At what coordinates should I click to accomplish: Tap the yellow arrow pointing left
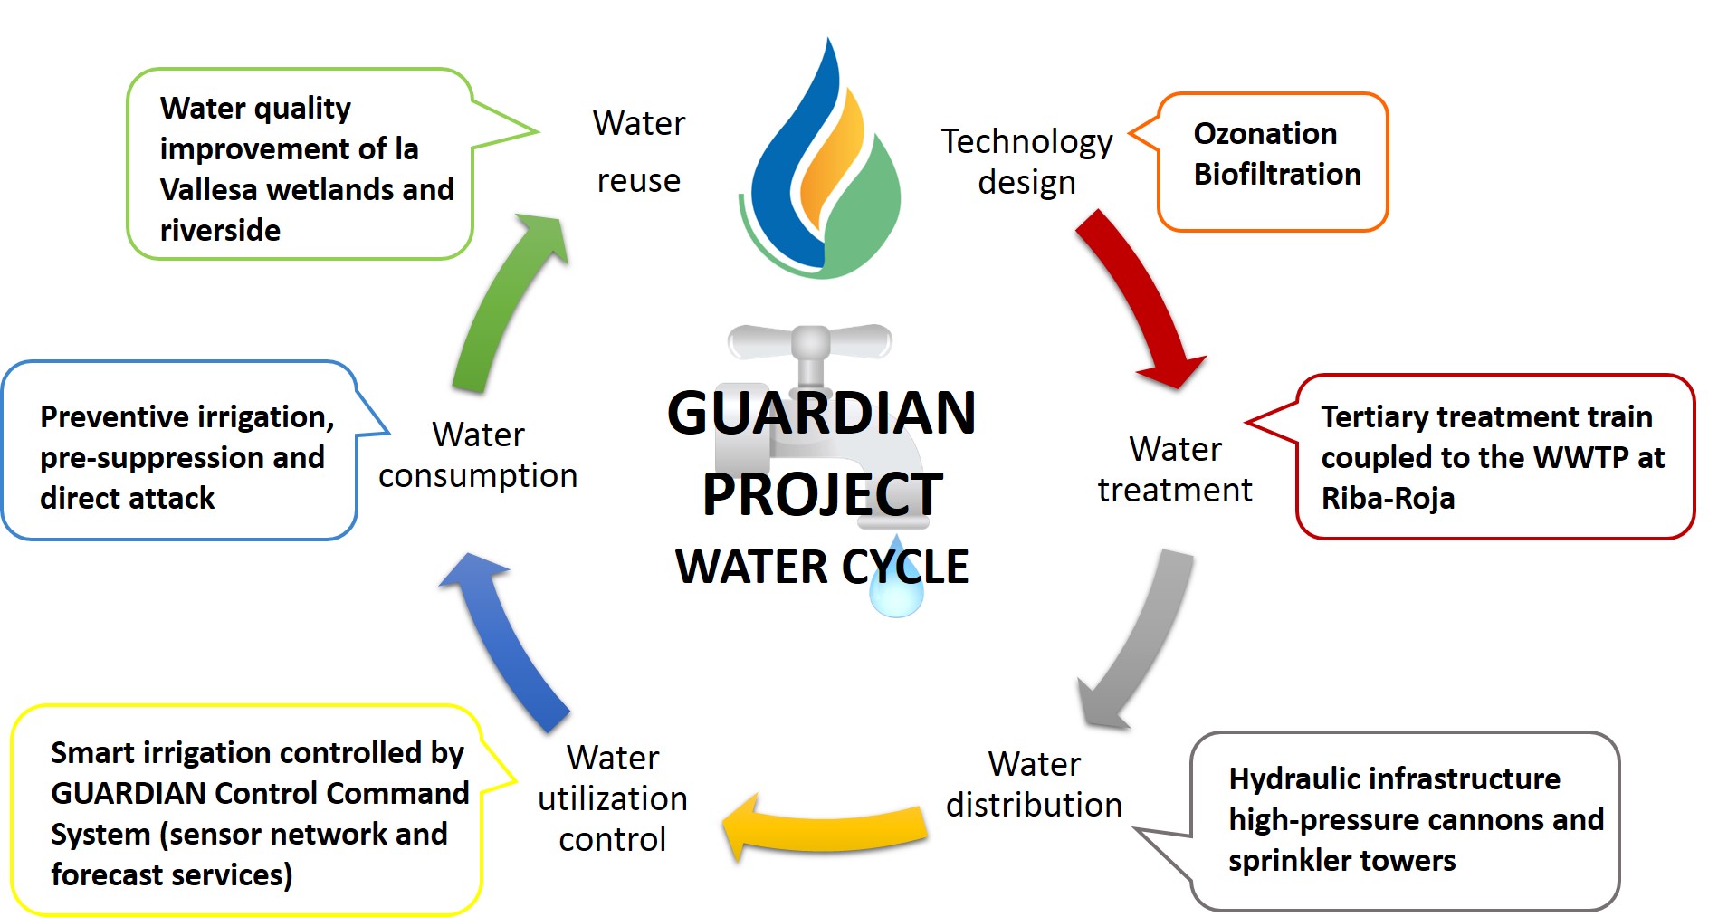point(824,829)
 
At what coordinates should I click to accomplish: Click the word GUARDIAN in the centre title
point(821,414)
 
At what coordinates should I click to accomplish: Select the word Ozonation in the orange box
point(1265,134)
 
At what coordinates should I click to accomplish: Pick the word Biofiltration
point(1276,174)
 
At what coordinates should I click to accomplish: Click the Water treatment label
point(1175,469)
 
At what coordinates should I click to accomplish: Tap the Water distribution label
point(1034,784)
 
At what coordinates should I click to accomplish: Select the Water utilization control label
point(613,798)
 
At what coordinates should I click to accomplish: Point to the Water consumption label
point(478,454)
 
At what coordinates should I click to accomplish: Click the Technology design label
point(1026,161)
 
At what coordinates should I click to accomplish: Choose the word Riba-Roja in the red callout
point(1388,498)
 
